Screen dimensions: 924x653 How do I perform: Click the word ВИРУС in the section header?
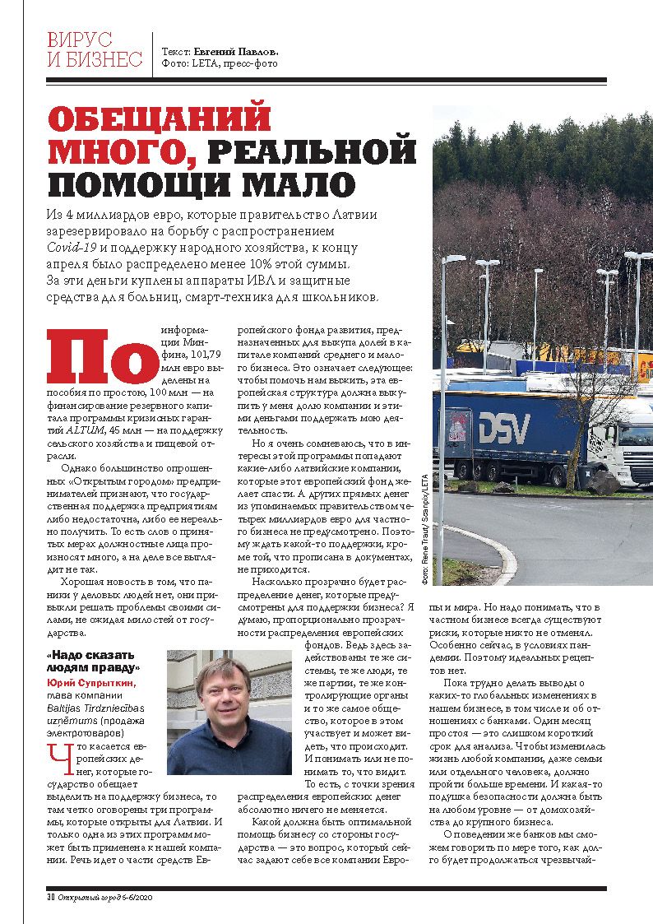[x=80, y=39]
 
